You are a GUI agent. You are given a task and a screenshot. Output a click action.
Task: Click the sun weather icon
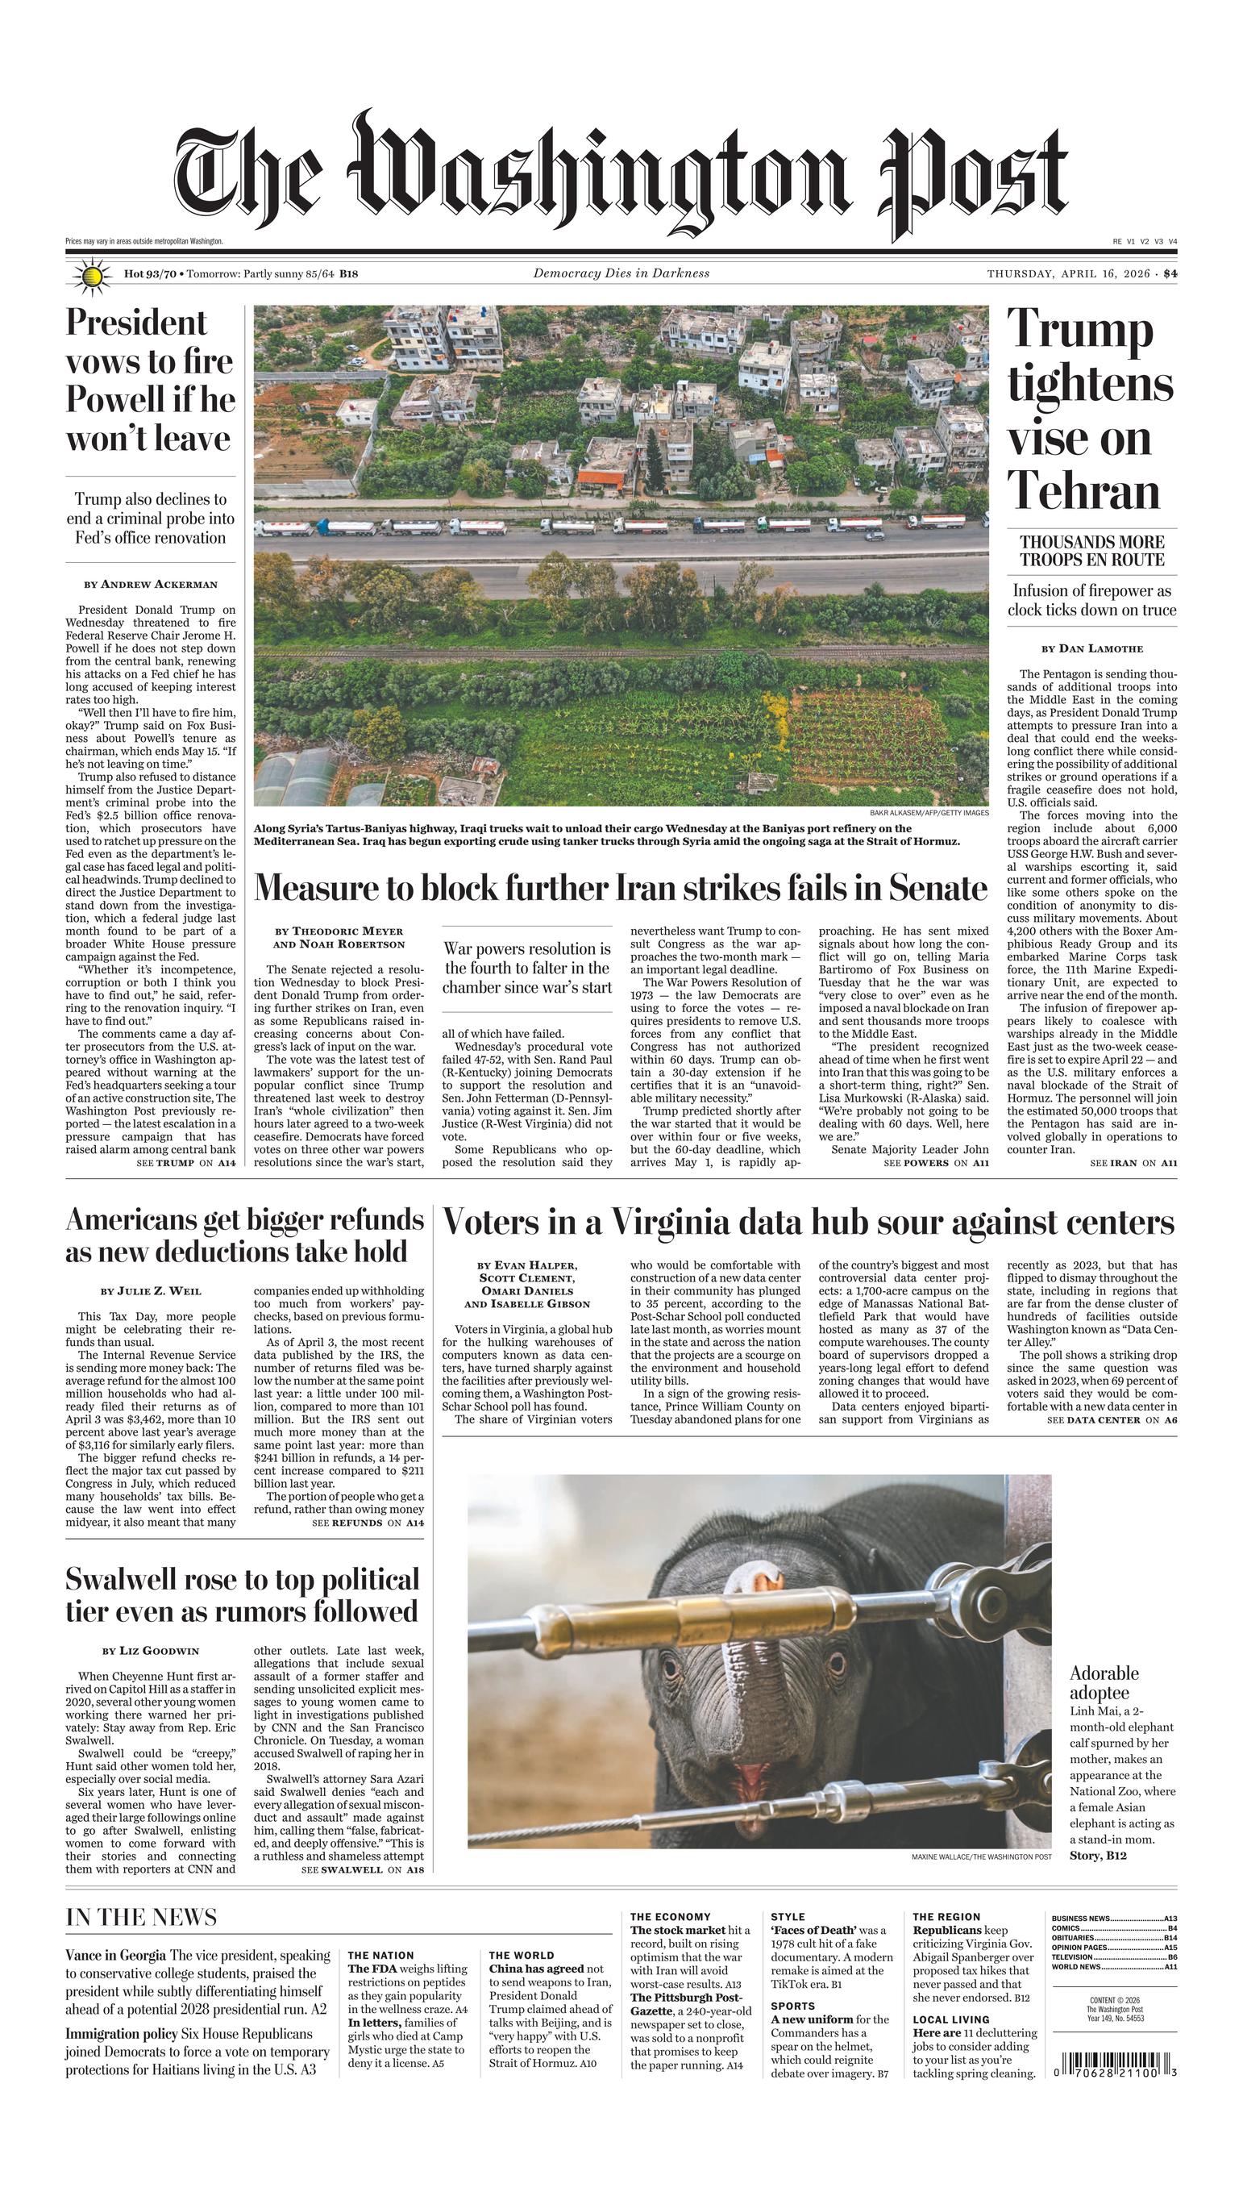click(x=92, y=276)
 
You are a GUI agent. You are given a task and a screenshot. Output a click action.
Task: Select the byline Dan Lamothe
click(x=1092, y=649)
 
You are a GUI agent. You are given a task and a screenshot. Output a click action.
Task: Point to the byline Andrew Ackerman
click(x=150, y=585)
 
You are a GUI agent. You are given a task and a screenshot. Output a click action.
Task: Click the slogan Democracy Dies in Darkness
click(x=621, y=273)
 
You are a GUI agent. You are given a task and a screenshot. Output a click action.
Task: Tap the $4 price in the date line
click(x=1170, y=274)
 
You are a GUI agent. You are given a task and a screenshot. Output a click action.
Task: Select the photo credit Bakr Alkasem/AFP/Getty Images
click(x=929, y=813)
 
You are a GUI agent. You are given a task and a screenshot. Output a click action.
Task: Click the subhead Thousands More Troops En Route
click(x=1092, y=551)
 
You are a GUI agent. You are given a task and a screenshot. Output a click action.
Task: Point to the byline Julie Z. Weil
click(x=151, y=1291)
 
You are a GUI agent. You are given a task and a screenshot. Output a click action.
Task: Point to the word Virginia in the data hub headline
click(x=669, y=1223)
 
